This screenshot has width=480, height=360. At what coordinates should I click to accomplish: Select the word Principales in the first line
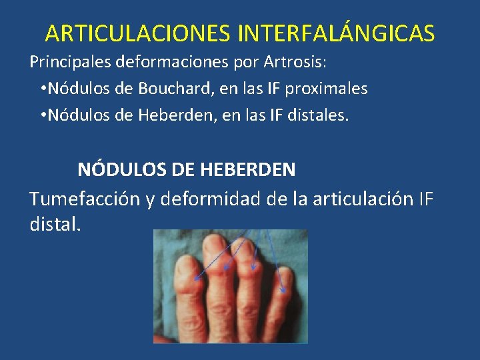tap(71, 64)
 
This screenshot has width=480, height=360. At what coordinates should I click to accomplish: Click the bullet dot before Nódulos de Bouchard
tap(42, 89)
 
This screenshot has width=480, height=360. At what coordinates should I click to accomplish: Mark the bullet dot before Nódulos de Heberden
tap(42, 115)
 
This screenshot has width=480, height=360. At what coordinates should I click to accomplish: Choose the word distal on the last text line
tap(55, 224)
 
